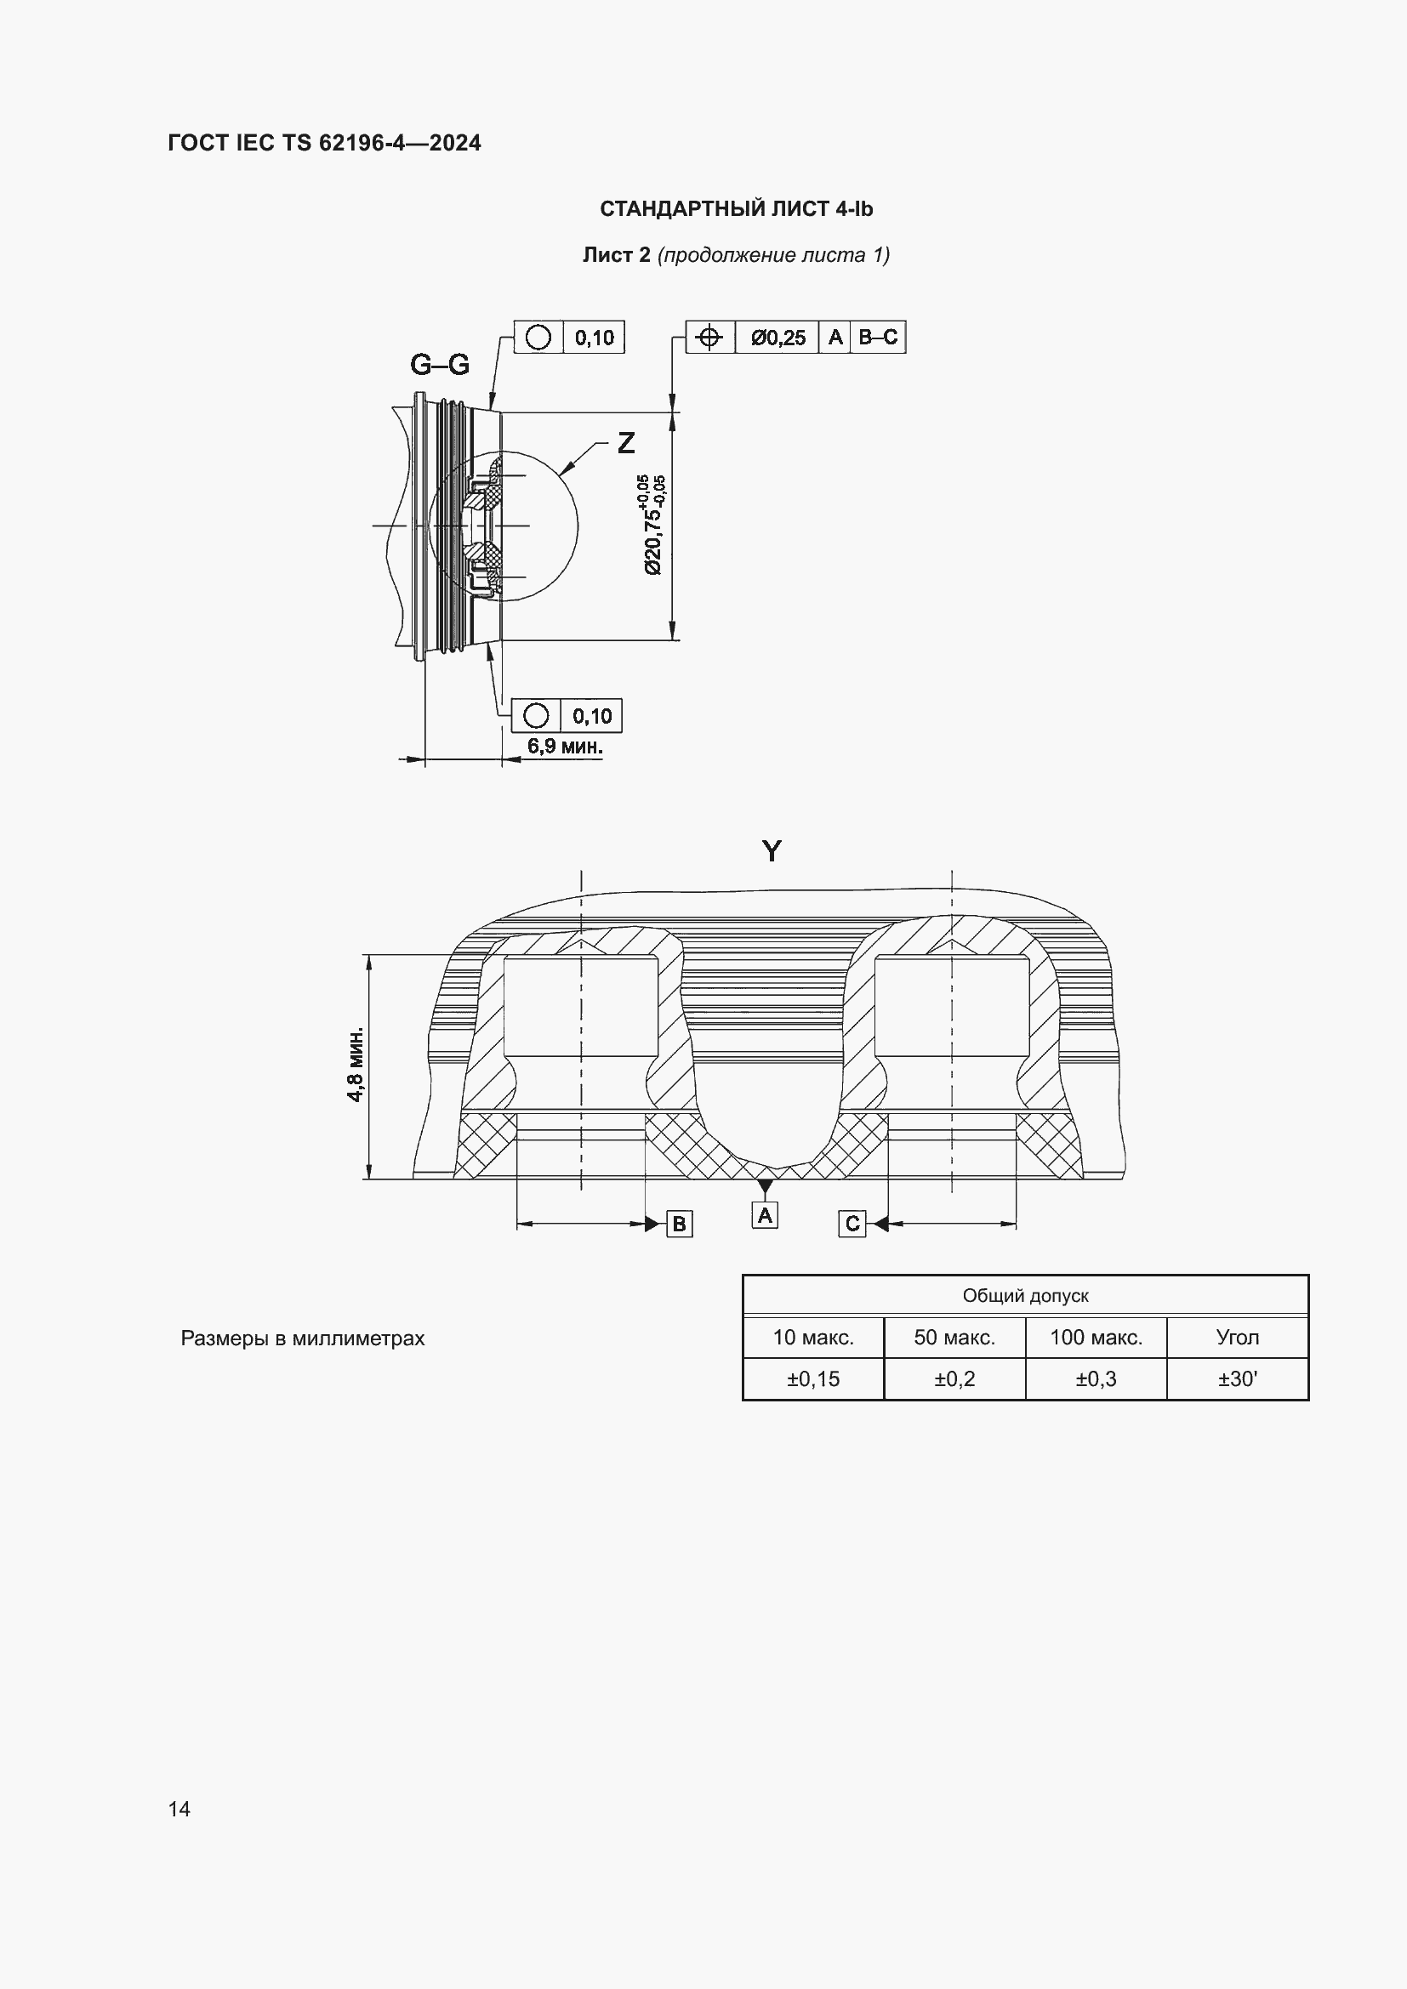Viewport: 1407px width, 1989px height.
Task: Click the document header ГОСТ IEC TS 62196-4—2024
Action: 324,143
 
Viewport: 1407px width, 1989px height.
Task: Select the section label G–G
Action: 439,365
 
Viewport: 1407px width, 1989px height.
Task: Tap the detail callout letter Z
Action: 625,443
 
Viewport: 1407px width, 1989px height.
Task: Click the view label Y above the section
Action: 771,850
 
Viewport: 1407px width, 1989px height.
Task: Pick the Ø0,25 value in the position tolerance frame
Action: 778,338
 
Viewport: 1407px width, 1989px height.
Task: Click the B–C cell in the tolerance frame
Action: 878,337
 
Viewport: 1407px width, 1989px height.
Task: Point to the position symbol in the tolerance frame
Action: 709,337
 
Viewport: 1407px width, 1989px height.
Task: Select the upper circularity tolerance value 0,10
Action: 594,338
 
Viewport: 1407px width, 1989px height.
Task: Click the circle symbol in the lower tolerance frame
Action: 536,715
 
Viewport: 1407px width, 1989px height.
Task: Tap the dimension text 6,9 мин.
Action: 564,746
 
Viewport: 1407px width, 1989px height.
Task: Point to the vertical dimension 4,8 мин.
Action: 356,1065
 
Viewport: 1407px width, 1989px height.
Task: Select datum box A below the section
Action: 764,1215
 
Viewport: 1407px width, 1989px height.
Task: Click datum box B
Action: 679,1224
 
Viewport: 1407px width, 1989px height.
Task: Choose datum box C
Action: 852,1223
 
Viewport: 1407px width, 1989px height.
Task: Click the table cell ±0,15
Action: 812,1378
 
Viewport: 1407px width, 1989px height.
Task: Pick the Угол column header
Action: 1237,1337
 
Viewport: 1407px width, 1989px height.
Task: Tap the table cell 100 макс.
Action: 1096,1337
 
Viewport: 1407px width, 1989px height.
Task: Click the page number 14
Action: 179,1808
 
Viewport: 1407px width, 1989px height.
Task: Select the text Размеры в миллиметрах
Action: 302,1338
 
